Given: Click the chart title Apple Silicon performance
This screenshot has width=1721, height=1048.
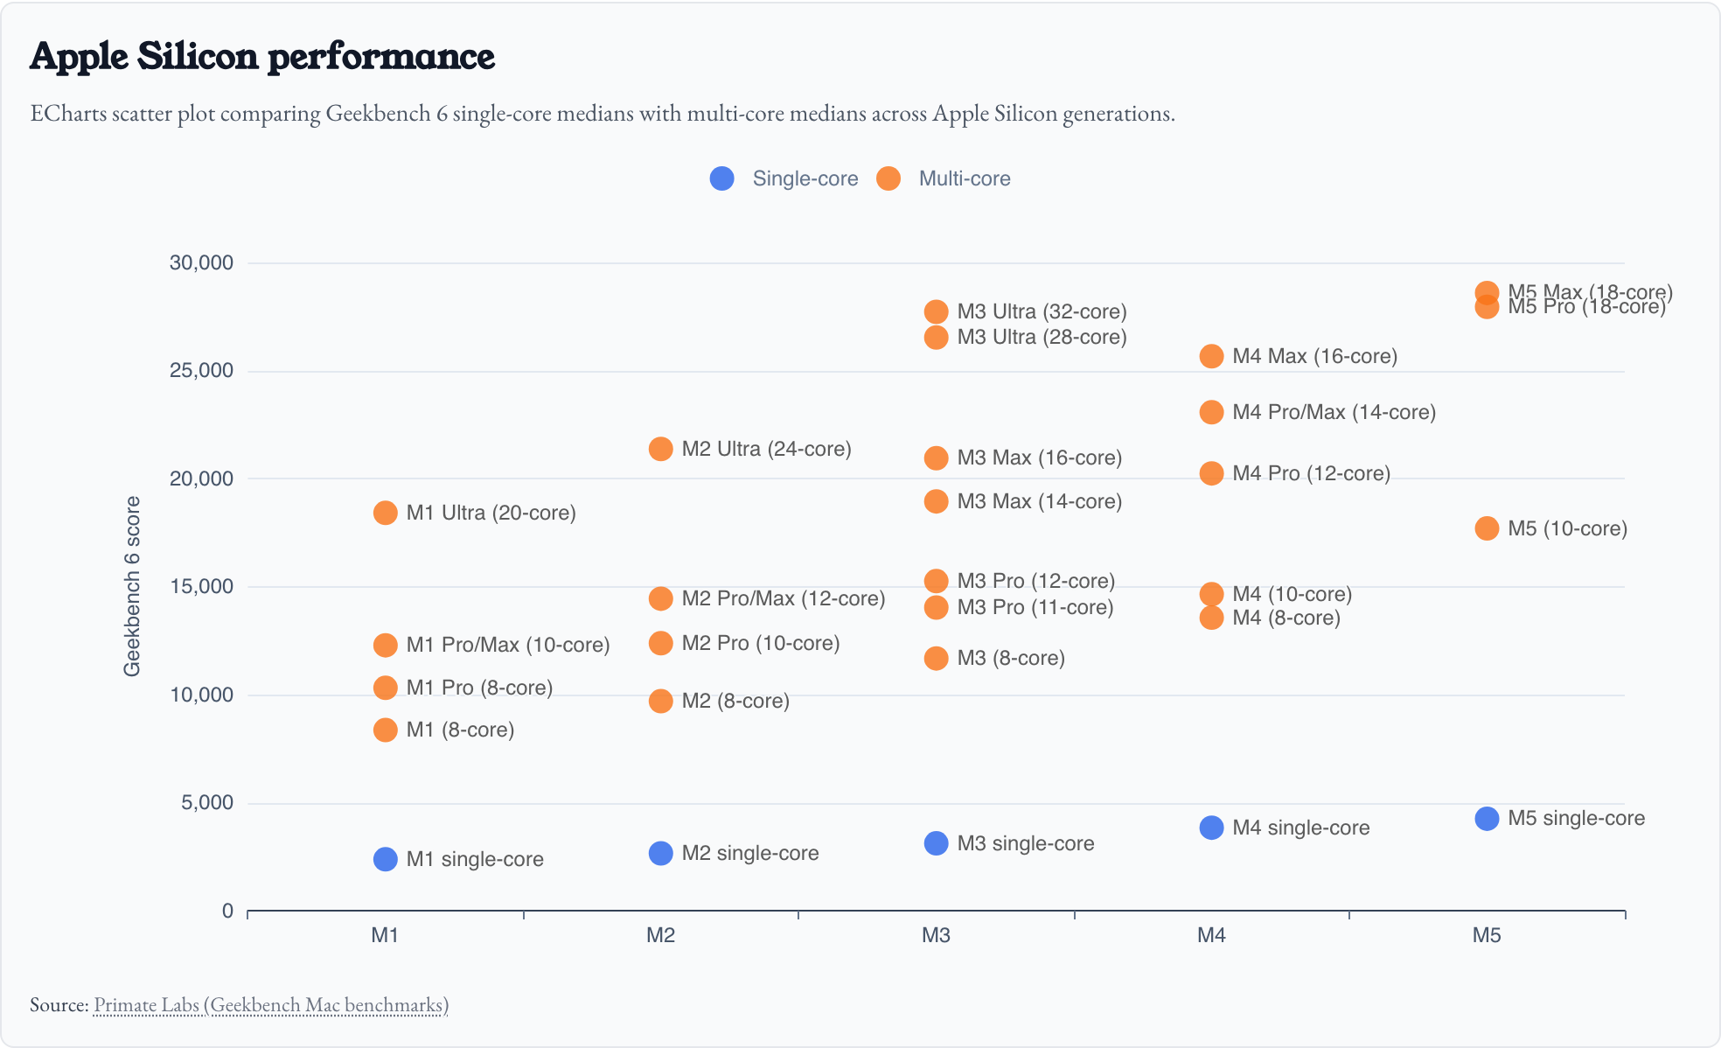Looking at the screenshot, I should pyautogui.click(x=262, y=57).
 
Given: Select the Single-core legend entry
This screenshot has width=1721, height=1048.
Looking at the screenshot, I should pyautogui.click(x=784, y=178).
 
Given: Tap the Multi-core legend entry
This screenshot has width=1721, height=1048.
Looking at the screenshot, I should pyautogui.click(x=944, y=178).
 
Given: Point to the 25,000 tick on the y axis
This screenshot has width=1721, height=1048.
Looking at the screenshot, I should pyautogui.click(x=201, y=371).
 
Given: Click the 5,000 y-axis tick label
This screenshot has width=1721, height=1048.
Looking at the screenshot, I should pyautogui.click(x=207, y=803).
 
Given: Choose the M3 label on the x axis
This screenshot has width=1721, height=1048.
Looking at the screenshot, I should pyautogui.click(x=936, y=935).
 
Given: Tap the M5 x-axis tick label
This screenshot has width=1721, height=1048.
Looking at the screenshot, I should pyautogui.click(x=1486, y=935).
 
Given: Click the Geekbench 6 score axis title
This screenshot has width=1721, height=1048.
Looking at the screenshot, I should pyautogui.click(x=132, y=586).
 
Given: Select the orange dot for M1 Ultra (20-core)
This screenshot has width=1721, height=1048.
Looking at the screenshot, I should pyautogui.click(x=385, y=513).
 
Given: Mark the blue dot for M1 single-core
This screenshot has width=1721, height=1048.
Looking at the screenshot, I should pyautogui.click(x=385, y=859).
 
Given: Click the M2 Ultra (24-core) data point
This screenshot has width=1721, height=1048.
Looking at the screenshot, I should pyautogui.click(x=660, y=449).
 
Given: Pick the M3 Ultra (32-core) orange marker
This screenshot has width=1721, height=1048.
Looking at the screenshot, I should pyautogui.click(x=936, y=311).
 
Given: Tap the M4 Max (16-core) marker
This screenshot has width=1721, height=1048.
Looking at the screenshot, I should pyautogui.click(x=1211, y=356).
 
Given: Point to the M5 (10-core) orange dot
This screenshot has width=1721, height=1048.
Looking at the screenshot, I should pyautogui.click(x=1486, y=528).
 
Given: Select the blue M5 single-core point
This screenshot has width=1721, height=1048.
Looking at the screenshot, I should pyautogui.click(x=1486, y=819).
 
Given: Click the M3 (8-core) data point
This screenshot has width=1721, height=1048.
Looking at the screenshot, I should pyautogui.click(x=936, y=658).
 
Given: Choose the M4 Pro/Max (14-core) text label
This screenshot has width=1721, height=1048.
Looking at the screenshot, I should pyautogui.click(x=1334, y=412).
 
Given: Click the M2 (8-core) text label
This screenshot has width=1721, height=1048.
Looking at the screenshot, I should pyautogui.click(x=735, y=701).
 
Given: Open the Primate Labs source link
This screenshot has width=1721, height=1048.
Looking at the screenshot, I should pyautogui.click(x=271, y=1004).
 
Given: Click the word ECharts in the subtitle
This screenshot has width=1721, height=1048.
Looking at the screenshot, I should pyautogui.click(x=68, y=114).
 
